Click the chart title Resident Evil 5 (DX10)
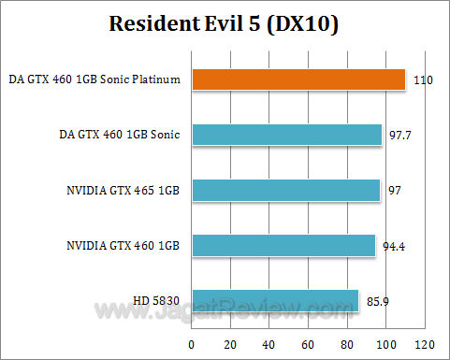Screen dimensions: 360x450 [x=225, y=22]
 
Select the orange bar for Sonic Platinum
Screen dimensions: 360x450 [x=298, y=79]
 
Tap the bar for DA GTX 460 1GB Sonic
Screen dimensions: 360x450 [x=286, y=135]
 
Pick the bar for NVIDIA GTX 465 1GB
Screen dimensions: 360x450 [x=285, y=190]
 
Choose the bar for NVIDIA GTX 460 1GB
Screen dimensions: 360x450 [x=283, y=245]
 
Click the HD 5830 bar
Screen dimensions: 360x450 [x=275, y=300]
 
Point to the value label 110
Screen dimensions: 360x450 [x=422, y=81]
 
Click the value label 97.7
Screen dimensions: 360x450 [x=399, y=137]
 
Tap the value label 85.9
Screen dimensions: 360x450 [x=376, y=302]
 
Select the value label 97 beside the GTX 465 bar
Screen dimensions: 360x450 [x=395, y=192]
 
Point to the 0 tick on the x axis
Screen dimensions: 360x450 [x=192, y=343]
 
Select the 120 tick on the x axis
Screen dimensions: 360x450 [x=426, y=343]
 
